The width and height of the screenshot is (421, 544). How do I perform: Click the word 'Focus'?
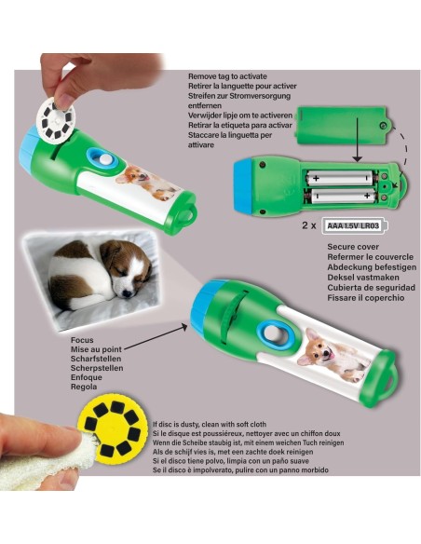tap(82, 340)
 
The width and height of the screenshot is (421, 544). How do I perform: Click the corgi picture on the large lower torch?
tap(333, 360)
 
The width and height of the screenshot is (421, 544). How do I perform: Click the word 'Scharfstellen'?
tap(96, 359)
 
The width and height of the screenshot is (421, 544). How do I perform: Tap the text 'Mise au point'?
tap(97, 349)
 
